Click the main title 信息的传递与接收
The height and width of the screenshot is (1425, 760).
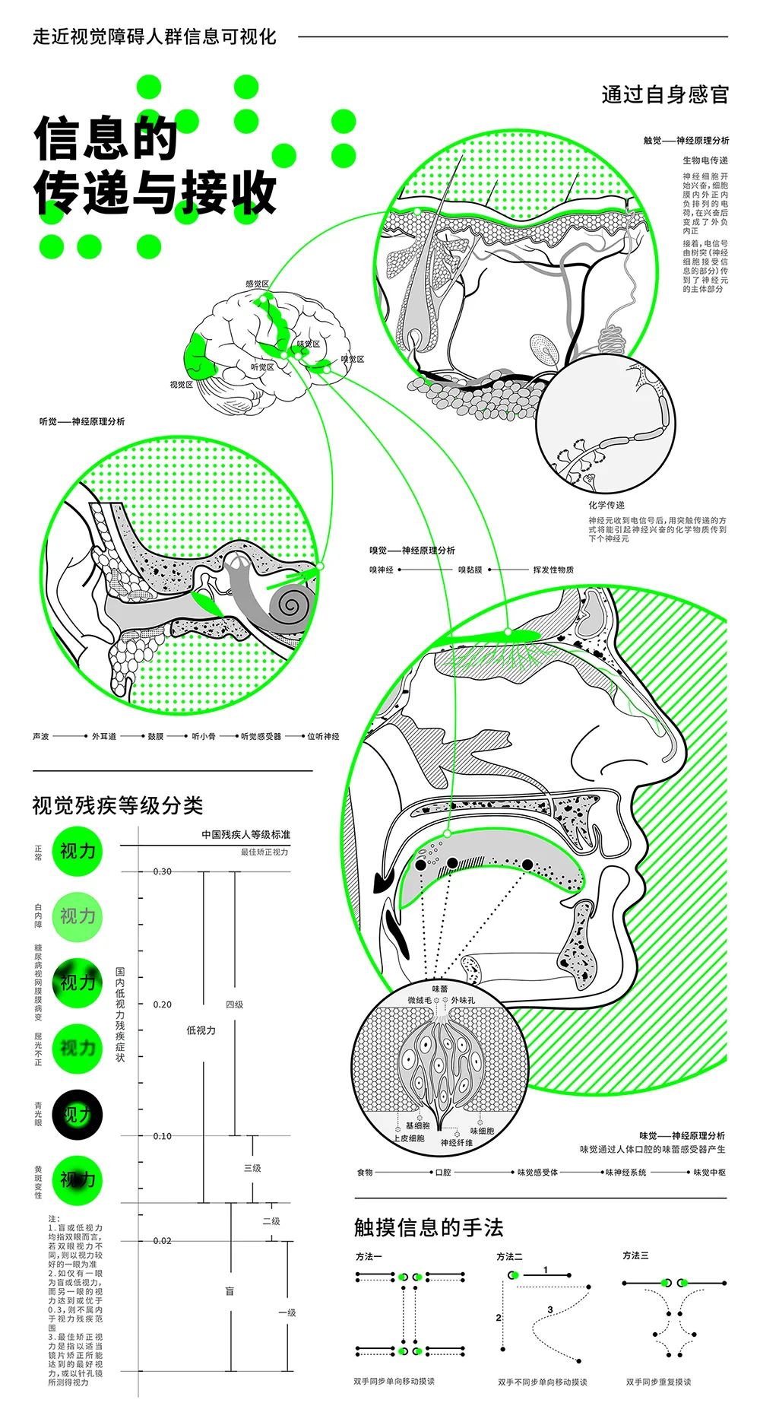click(x=155, y=164)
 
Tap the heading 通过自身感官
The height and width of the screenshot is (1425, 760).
click(x=665, y=94)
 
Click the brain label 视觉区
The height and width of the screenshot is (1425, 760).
click(x=181, y=385)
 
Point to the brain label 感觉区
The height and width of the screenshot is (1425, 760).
click(x=257, y=284)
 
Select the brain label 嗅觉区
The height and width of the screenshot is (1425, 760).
click(x=352, y=359)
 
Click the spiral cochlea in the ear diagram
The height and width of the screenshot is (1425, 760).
click(x=292, y=606)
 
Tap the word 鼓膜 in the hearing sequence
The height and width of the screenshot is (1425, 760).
click(x=156, y=736)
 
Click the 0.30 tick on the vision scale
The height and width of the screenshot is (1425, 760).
click(x=162, y=871)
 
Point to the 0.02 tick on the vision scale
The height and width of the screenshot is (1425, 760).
click(x=162, y=1240)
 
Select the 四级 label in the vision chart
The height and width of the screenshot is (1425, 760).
click(x=234, y=1004)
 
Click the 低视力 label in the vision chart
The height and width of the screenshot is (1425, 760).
click(x=201, y=1030)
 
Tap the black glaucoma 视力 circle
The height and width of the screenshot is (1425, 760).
click(x=77, y=1115)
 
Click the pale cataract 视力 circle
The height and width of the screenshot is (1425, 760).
click(x=77, y=916)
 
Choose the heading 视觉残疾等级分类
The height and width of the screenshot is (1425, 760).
click(x=117, y=806)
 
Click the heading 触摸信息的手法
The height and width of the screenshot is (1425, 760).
click(x=429, y=1227)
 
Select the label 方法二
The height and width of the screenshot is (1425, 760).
click(x=509, y=1256)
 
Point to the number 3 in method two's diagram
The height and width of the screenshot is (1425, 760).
click(x=549, y=1310)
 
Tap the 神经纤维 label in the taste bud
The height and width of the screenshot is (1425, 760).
click(x=456, y=1143)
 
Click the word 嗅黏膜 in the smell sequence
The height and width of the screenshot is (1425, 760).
click(x=470, y=570)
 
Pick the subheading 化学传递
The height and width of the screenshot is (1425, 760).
click(x=606, y=505)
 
